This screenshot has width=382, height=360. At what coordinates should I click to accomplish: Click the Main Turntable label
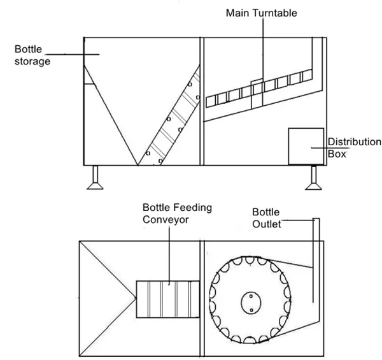260,12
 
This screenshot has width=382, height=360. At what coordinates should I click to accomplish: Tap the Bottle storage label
34,55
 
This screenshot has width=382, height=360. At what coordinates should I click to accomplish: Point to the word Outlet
267,223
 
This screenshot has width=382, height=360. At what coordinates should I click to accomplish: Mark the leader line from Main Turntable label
261,51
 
